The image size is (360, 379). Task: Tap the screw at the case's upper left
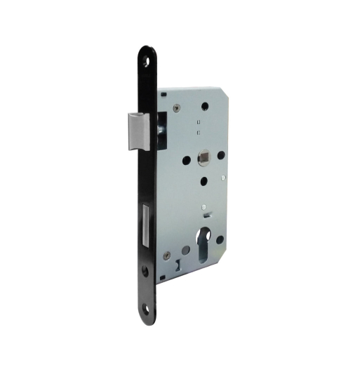(177, 107)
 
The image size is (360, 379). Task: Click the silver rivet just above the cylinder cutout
(203, 208)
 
